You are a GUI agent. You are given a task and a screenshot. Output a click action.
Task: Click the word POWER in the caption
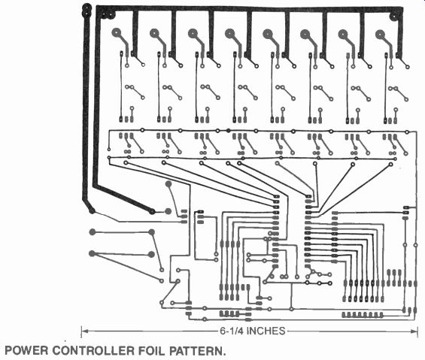point(26,350)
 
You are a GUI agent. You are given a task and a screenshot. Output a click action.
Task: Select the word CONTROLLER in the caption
point(93,350)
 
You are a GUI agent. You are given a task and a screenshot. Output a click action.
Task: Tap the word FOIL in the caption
point(151,350)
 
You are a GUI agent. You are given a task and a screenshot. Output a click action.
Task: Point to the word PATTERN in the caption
point(196,350)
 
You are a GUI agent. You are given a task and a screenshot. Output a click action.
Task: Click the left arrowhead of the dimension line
point(84,331)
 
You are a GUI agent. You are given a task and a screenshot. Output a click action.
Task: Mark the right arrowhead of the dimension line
point(414,331)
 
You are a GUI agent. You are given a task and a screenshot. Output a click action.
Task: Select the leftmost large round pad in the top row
point(117,33)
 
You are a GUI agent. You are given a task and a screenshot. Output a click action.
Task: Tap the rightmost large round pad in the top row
point(381,35)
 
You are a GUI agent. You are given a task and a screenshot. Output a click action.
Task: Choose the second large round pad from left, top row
point(154,33)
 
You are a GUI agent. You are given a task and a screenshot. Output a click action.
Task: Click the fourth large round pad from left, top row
point(229,33)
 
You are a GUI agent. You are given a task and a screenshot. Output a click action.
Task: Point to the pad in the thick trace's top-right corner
point(393,17)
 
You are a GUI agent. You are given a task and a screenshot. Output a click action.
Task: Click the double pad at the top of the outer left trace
point(87,10)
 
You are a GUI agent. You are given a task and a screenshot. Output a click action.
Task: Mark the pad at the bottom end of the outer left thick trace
point(92,210)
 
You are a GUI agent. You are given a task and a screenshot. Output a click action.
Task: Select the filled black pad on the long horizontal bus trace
point(228,130)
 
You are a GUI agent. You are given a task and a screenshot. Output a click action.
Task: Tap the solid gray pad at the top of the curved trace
point(168,184)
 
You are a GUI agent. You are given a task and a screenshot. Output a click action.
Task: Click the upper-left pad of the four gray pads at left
point(93,232)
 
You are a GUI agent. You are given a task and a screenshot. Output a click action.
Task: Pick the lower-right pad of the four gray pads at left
point(151,254)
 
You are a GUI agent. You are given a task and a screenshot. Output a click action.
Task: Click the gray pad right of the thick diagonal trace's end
point(168,211)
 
